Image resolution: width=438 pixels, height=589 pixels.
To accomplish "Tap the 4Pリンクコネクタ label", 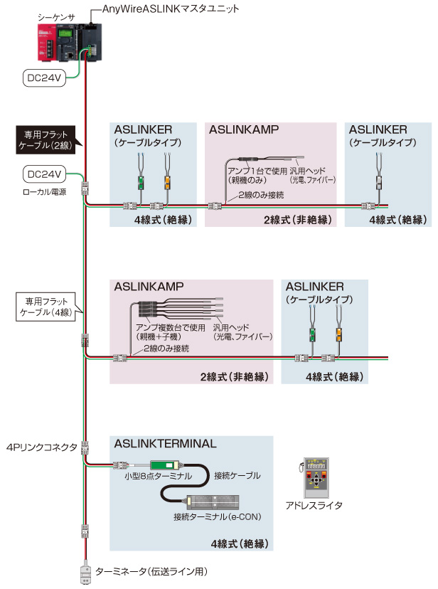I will [42, 447].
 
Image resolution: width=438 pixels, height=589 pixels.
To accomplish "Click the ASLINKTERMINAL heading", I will [165, 443].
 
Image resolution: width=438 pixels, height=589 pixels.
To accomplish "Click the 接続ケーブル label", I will [237, 475].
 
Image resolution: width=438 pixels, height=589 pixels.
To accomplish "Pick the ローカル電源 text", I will [45, 192].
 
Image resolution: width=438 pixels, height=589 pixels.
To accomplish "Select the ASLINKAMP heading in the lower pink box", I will [149, 286].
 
